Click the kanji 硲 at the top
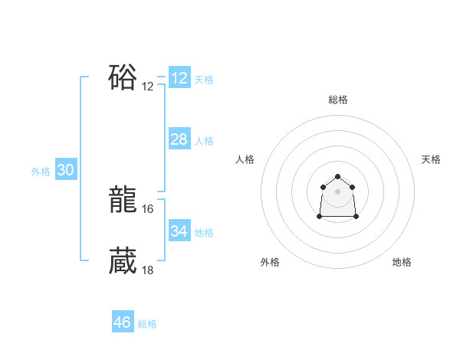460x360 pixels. click(x=123, y=78)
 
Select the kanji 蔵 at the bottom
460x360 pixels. click(x=123, y=261)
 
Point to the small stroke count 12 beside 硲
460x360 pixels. click(x=148, y=87)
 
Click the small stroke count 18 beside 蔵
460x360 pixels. click(x=148, y=269)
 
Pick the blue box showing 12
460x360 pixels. click(x=179, y=78)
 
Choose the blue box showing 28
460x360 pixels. click(x=179, y=139)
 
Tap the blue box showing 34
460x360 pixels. click(x=179, y=231)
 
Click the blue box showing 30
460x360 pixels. click(x=65, y=170)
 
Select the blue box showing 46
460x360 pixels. click(x=123, y=322)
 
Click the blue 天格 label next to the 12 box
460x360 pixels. click(x=204, y=80)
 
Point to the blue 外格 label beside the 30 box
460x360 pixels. click(x=41, y=172)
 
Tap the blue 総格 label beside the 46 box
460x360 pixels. click(x=147, y=324)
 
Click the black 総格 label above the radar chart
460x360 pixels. click(x=338, y=100)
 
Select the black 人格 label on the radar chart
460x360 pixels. click(x=245, y=159)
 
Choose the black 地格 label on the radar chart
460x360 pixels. click(x=402, y=263)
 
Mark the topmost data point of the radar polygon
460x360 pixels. click(x=338, y=177)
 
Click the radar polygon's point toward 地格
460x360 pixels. click(x=356, y=217)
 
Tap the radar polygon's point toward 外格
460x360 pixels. click(x=320, y=217)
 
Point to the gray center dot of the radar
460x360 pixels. click(x=338, y=191)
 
